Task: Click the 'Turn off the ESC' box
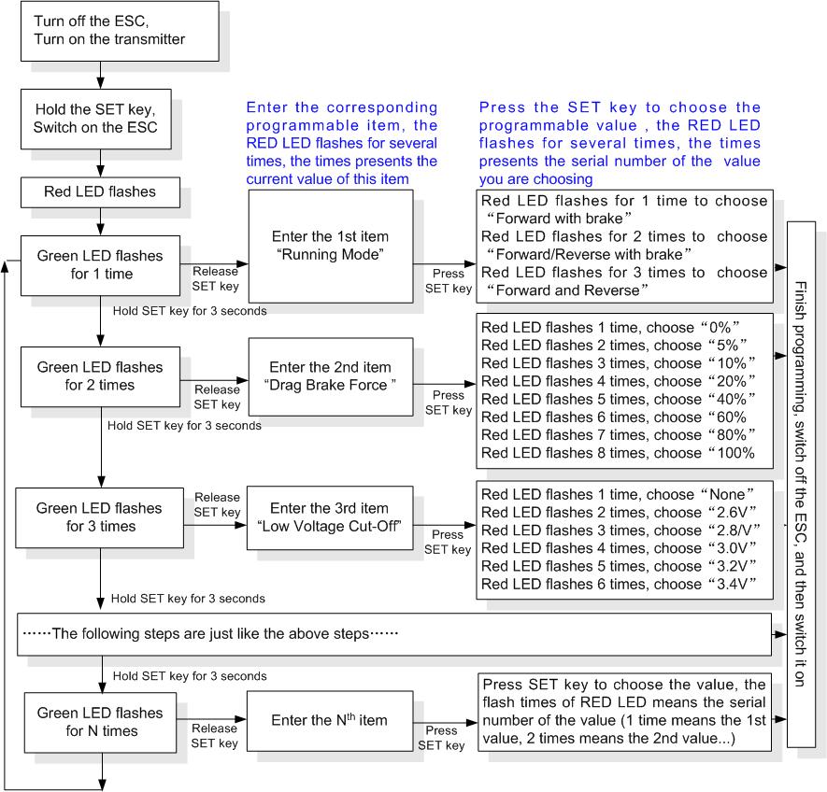pos(120,31)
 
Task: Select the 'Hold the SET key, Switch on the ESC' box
pos(96,119)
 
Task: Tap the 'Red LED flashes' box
pos(100,192)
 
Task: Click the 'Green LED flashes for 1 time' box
pos(100,265)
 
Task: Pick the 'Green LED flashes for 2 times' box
pos(100,376)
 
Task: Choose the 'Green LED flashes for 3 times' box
pos(100,517)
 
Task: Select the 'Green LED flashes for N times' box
pos(100,722)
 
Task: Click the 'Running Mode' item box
pos(331,247)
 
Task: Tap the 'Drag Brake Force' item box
pos(331,376)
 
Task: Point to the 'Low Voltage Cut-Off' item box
pos(330,517)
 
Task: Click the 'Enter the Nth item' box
pos(330,721)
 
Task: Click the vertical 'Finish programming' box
pos(801,484)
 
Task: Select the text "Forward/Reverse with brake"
pos(589,255)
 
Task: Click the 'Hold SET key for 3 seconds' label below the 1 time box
pos(190,311)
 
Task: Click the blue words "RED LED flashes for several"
pos(342,144)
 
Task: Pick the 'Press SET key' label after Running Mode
pos(449,281)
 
